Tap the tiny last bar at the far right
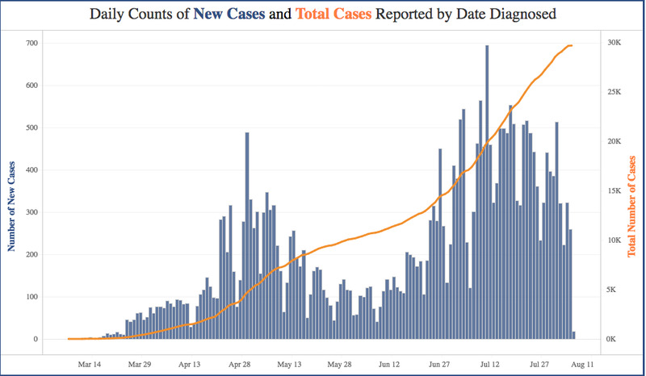(574, 336)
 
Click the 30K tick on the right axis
(612, 43)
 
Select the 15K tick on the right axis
(612, 191)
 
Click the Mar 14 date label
(90, 364)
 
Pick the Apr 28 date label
(240, 364)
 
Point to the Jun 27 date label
(440, 364)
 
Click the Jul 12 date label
(490, 364)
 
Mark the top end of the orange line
(572, 45)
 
